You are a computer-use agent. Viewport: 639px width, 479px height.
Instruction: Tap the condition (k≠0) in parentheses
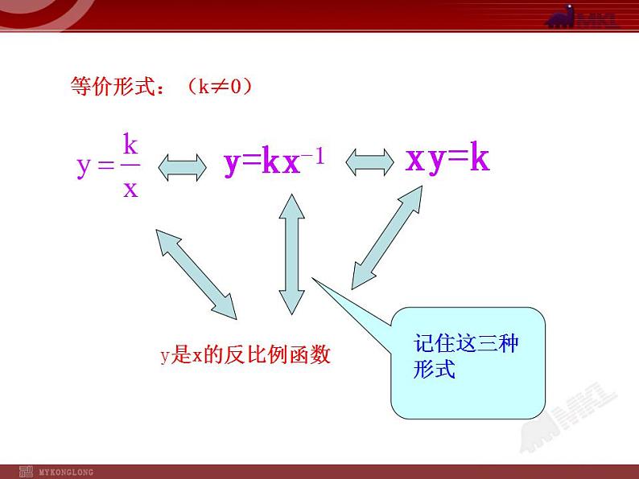click(219, 87)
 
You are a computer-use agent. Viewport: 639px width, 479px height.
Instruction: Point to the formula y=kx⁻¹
click(274, 162)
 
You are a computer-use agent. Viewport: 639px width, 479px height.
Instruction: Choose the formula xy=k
click(447, 160)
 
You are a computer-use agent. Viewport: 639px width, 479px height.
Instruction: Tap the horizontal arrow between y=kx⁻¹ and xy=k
click(371, 163)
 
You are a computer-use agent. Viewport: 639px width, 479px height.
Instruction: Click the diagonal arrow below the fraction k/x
click(196, 272)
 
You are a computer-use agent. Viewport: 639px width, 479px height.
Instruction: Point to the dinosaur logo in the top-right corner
click(582, 18)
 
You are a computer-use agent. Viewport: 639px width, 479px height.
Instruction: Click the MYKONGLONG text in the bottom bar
click(66, 471)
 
